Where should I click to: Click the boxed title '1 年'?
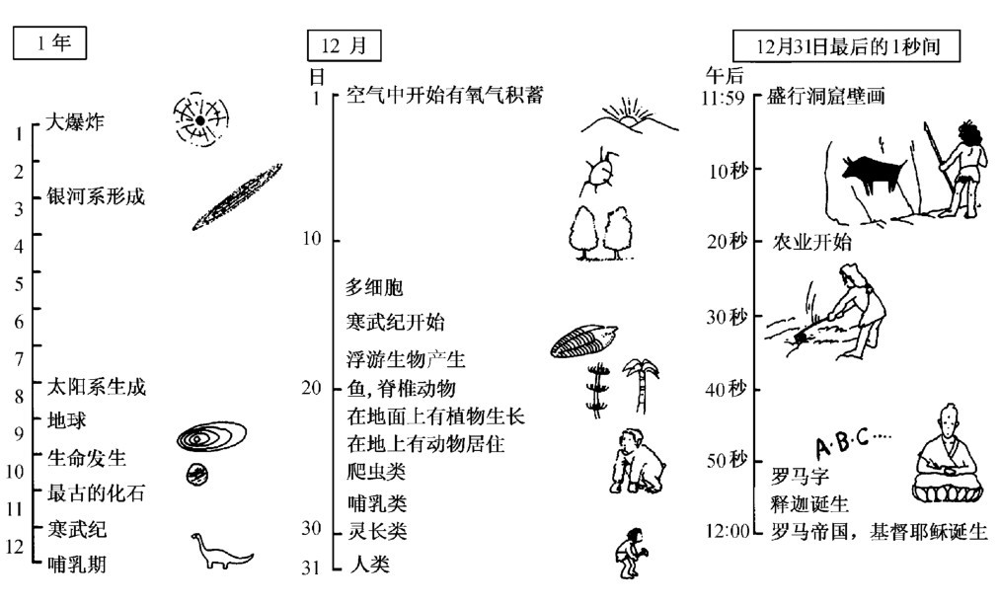tap(48, 44)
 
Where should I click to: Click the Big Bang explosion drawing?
tap(199, 120)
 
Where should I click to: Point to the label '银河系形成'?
tap(96, 196)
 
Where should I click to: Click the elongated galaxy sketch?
tap(237, 196)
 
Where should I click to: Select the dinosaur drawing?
tap(219, 553)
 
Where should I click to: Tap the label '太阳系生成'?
tap(97, 387)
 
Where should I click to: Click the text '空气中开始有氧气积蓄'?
tap(444, 96)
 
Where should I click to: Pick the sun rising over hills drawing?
tap(628, 116)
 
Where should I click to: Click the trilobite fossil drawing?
tap(584, 341)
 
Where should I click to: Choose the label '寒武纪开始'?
tap(395, 322)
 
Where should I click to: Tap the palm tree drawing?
tap(641, 385)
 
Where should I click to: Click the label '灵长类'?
tap(376, 532)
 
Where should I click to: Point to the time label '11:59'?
tap(726, 98)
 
